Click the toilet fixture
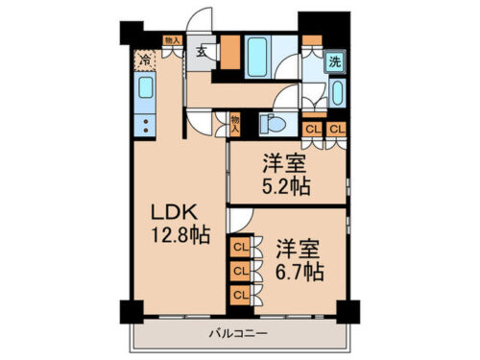pos(272,122)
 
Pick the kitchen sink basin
pos(146,89)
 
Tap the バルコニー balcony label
pos(238,333)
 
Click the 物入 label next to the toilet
pos(234,122)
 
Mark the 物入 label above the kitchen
pos(172,40)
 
